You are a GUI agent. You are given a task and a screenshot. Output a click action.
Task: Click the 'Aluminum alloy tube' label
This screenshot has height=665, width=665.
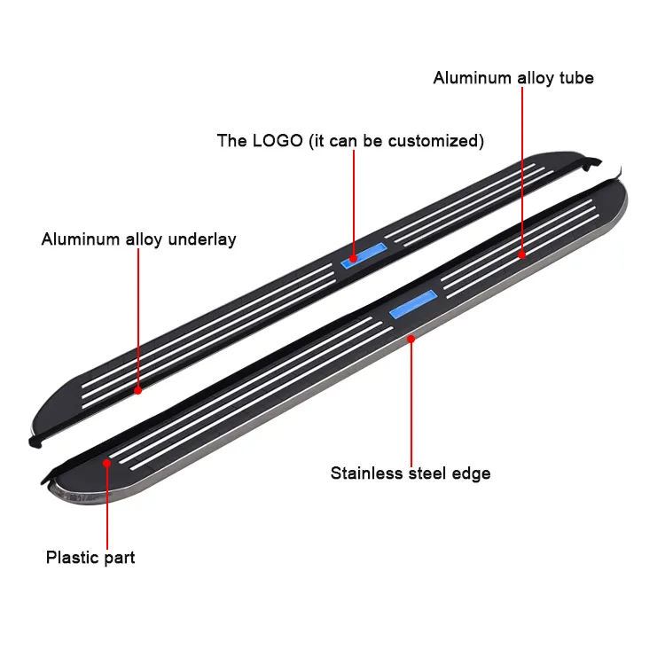[513, 78]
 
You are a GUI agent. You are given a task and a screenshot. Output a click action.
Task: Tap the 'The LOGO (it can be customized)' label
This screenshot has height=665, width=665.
[350, 140]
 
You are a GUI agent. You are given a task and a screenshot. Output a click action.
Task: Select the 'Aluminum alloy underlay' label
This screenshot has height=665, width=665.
[138, 239]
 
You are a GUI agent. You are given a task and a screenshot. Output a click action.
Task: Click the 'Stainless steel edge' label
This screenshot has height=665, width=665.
[411, 473]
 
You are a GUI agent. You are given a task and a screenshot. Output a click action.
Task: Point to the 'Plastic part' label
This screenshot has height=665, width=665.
[90, 558]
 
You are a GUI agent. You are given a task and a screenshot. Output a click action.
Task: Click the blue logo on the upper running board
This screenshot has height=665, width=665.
[364, 254]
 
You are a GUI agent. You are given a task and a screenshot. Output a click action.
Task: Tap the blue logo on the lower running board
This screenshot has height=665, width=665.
[413, 305]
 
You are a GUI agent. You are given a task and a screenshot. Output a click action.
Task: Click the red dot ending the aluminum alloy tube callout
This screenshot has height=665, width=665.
[522, 254]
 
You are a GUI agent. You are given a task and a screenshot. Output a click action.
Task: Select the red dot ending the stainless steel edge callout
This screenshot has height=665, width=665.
[411, 338]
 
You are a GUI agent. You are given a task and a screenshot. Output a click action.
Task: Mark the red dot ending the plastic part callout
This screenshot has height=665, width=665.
[107, 462]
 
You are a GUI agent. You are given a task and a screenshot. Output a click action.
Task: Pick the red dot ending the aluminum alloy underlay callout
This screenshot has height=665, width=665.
[138, 388]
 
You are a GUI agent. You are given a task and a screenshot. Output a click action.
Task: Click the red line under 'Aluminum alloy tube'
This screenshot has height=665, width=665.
[522, 168]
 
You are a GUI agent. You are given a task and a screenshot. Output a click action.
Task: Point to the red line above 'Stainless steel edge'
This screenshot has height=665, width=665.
[411, 399]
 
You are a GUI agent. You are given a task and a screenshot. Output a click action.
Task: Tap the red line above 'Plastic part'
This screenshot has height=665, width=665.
[107, 505]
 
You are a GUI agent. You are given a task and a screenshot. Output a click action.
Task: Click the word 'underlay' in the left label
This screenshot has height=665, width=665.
[205, 239]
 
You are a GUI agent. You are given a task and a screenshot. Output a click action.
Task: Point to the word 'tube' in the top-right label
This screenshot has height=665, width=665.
[575, 78]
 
